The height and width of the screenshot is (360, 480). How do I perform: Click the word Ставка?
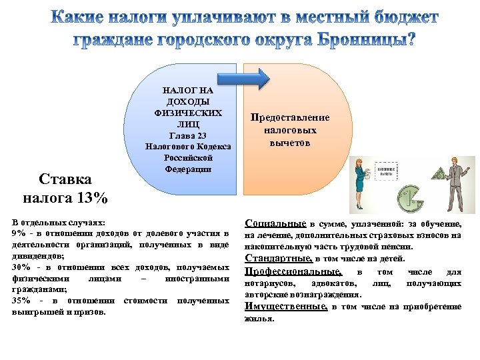pyautogui.click(x=65, y=180)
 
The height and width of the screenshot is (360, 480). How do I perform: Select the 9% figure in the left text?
pyautogui.click(x=19, y=233)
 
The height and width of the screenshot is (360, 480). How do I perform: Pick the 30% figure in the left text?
pyautogui.click(x=21, y=267)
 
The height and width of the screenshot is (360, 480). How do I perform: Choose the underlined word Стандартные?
pyautogui.click(x=278, y=258)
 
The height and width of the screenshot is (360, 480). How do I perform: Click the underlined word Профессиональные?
pyautogui.click(x=293, y=272)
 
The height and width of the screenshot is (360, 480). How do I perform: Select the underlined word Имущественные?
pyautogui.click(x=286, y=307)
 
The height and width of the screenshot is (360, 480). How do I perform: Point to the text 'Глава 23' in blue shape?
pyautogui.click(x=188, y=135)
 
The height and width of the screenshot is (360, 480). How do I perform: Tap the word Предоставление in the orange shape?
pyautogui.click(x=289, y=118)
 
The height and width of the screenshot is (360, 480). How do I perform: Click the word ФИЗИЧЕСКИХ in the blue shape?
pyautogui.click(x=188, y=113)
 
